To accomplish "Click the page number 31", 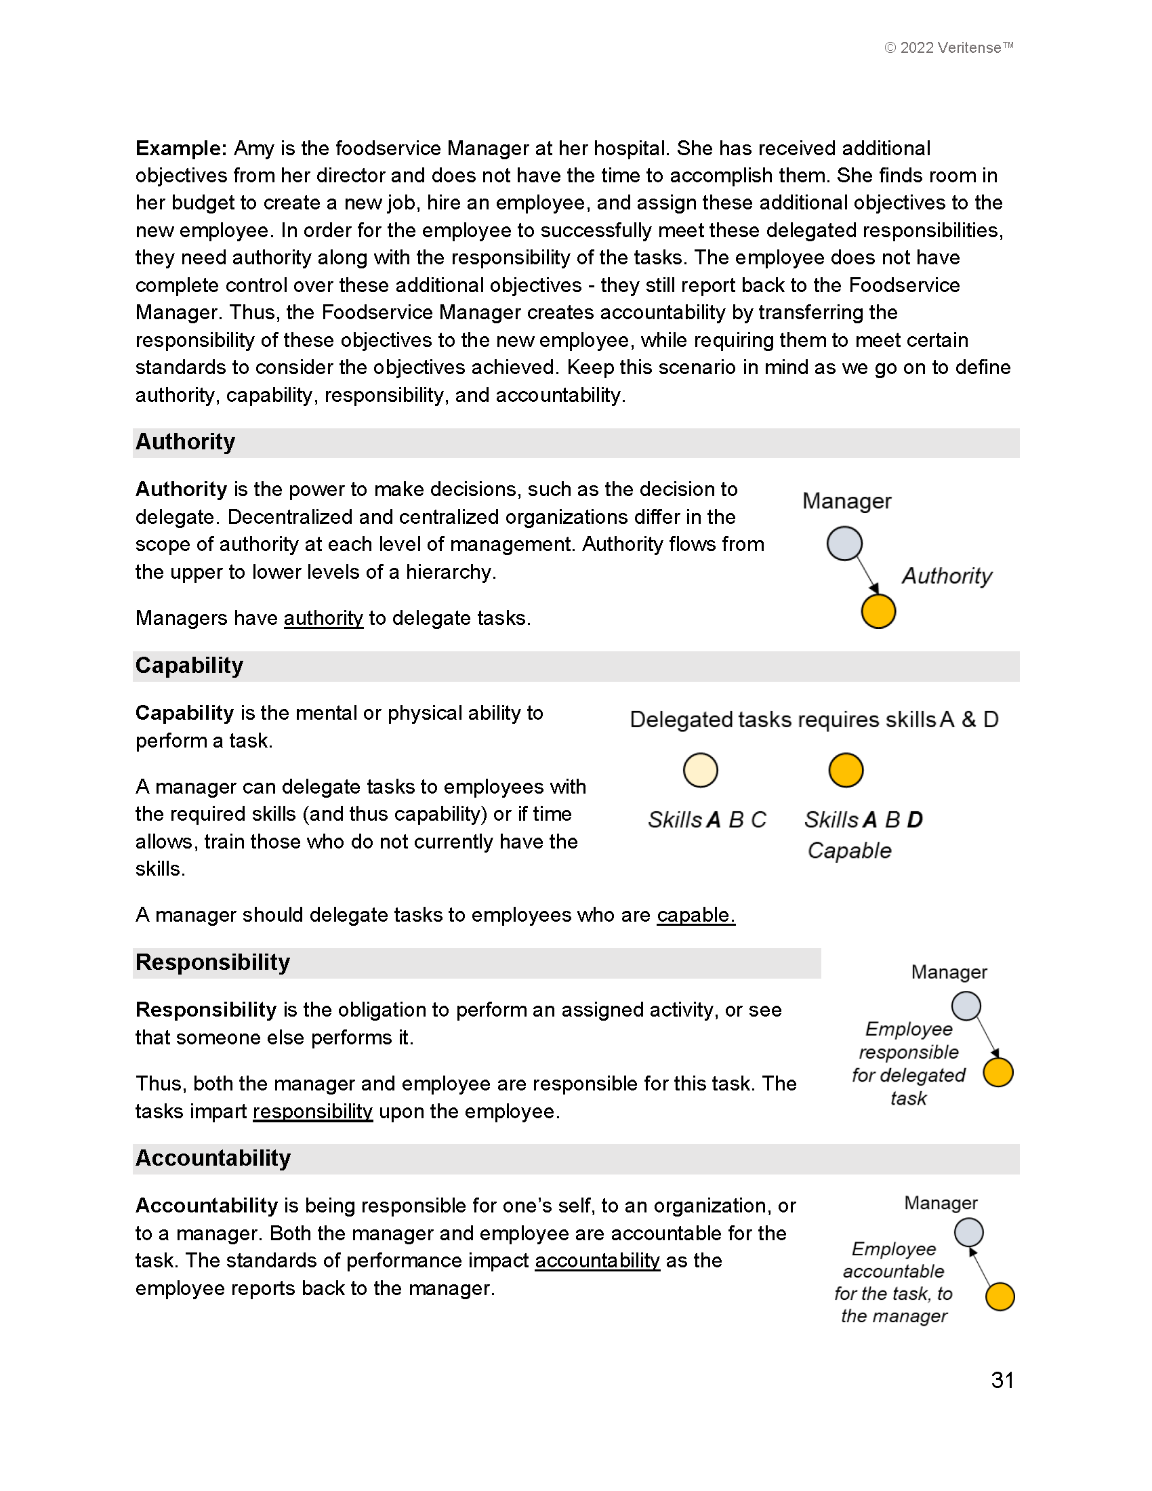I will pos(1002,1380).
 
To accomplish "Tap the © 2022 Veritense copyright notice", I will pos(948,48).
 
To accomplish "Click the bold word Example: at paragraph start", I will pos(181,148).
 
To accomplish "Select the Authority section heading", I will pos(185,443).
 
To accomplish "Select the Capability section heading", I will pos(189,666).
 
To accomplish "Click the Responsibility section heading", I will pos(212,962).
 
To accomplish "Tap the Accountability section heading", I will pos(213,1158).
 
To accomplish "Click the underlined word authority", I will pos(323,619).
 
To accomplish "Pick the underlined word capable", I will pos(695,915).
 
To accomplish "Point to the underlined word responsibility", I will pos(312,1111).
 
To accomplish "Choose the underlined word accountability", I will pos(597,1261).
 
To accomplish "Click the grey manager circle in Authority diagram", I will pos(844,544).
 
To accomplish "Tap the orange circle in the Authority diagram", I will pos(878,611).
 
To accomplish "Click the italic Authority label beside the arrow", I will pos(947,576).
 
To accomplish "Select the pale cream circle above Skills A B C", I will pos(700,771).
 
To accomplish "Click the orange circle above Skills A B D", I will pos(846,771).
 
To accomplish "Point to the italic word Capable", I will pos(849,851).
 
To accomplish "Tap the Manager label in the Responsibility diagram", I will pos(949,972).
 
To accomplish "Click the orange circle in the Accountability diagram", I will pos(1000,1296).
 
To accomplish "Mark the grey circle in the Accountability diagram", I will pos(968,1233).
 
